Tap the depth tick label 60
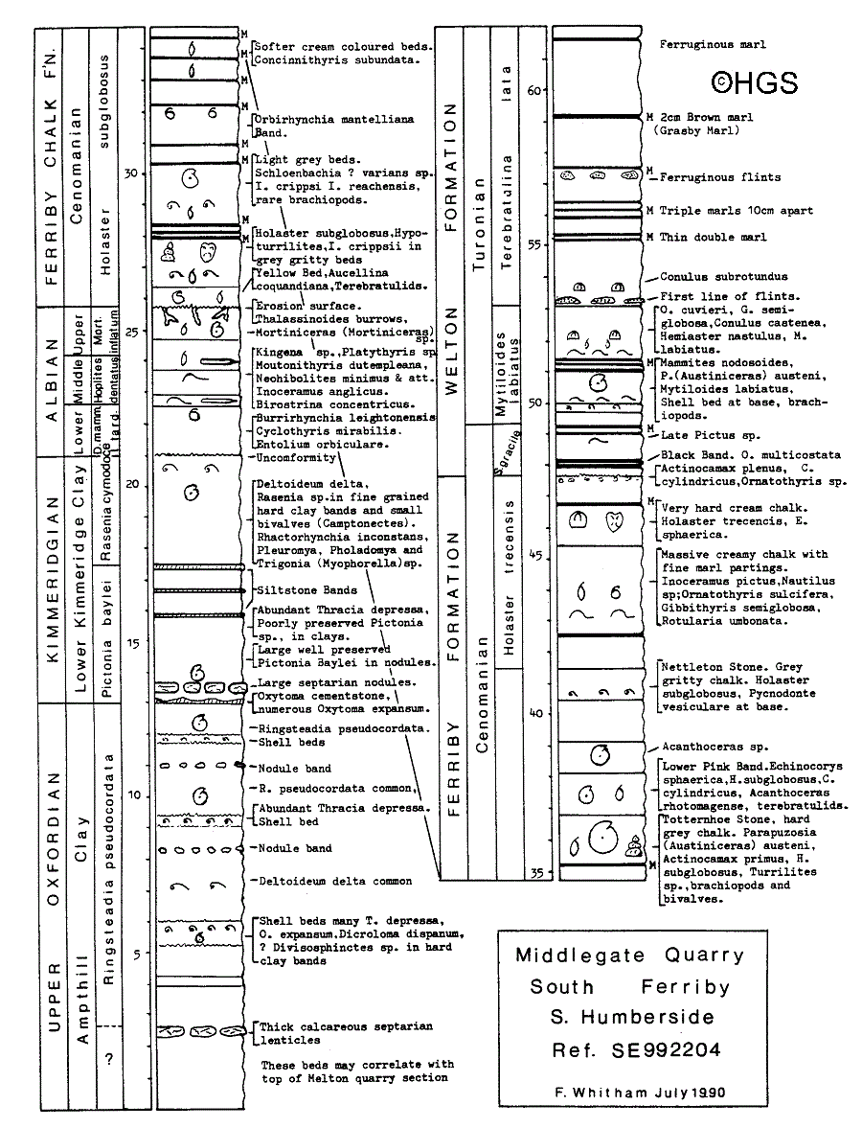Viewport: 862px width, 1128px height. pyautogui.click(x=534, y=90)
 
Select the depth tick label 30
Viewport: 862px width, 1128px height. pyautogui.click(x=133, y=173)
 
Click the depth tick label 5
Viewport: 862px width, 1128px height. pyautogui.click(x=137, y=953)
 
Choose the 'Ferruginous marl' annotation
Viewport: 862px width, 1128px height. pyautogui.click(x=713, y=44)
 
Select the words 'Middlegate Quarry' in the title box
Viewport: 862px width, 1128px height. pyautogui.click(x=629, y=955)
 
